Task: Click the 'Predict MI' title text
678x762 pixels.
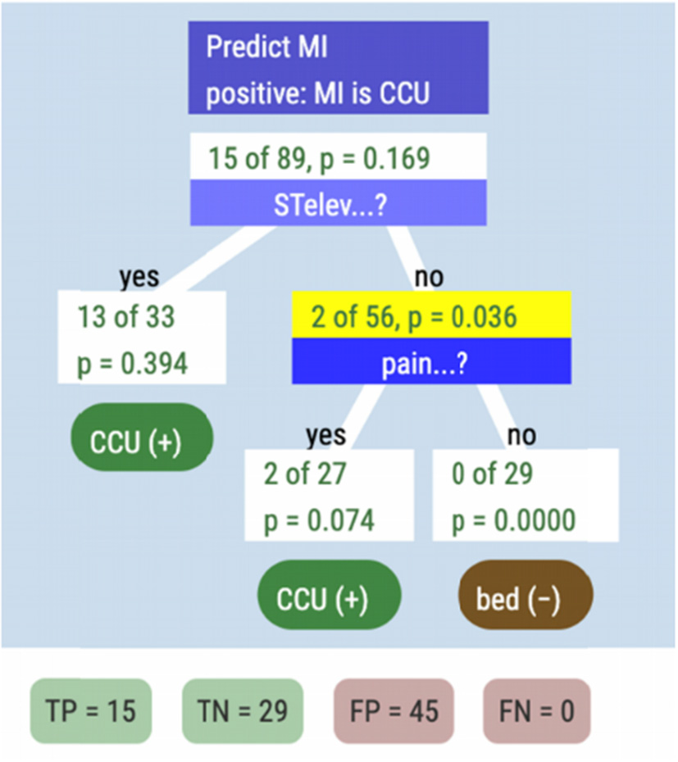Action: coord(266,47)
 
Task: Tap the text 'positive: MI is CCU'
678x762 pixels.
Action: coord(317,93)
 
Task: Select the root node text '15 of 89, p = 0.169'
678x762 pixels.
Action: coord(319,157)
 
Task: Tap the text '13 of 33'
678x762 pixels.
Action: coord(126,317)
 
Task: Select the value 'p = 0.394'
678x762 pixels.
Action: coord(132,363)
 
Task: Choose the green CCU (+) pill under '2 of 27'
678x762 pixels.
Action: coord(330,599)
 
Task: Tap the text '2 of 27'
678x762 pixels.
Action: coord(306,474)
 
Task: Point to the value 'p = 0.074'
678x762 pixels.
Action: coord(318,520)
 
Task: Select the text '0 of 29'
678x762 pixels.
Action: coord(492,474)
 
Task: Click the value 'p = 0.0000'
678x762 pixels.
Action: coord(513,520)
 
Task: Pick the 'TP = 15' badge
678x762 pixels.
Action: coord(90,710)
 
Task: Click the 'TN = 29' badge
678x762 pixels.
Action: coord(242,710)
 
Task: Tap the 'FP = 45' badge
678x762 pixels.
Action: coord(394,710)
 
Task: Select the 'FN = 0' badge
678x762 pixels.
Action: coord(536,710)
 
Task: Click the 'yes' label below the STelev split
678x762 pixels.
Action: coord(139,278)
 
